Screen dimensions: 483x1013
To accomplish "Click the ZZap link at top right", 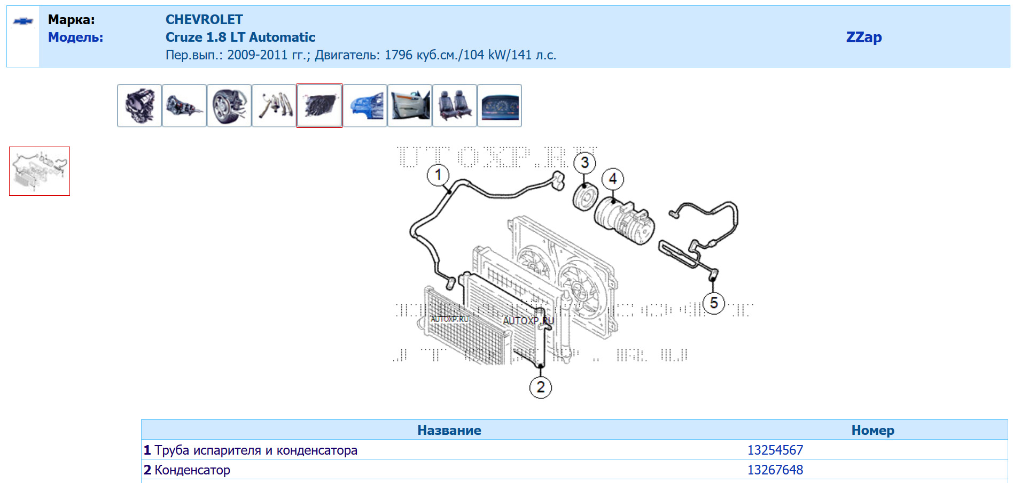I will pyautogui.click(x=863, y=37).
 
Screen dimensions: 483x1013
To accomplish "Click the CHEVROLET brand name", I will pyautogui.click(x=204, y=20).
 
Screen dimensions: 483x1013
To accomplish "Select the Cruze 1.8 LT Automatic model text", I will pyautogui.click(x=240, y=37).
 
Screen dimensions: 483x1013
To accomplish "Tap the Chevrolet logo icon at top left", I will pyautogui.click(x=23, y=21).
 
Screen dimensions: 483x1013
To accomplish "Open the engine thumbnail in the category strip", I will pyautogui.click(x=139, y=105).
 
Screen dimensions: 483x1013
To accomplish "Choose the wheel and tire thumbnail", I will pyautogui.click(x=229, y=105).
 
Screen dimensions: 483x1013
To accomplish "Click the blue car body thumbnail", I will pyautogui.click(x=365, y=105).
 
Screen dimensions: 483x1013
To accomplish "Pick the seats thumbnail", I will pyautogui.click(x=455, y=105).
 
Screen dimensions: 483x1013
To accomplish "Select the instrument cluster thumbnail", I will pyautogui.click(x=500, y=105).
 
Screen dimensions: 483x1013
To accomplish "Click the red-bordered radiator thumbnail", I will pyautogui.click(x=320, y=105).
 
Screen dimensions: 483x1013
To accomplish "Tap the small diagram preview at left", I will pyautogui.click(x=40, y=171).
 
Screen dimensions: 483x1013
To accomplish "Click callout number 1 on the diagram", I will pyautogui.click(x=438, y=175).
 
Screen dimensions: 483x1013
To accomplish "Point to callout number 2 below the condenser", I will pyautogui.click(x=541, y=387).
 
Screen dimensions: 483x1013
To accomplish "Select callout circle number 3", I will pyautogui.click(x=585, y=163).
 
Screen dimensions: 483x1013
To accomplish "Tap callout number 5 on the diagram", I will pyautogui.click(x=714, y=303).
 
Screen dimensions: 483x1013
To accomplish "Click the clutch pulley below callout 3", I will pyautogui.click(x=584, y=198).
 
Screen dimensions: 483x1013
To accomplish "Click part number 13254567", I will pyautogui.click(x=775, y=450).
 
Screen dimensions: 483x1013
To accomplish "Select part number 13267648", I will pyautogui.click(x=775, y=470).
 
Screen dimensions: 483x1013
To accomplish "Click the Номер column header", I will pyautogui.click(x=872, y=430).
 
